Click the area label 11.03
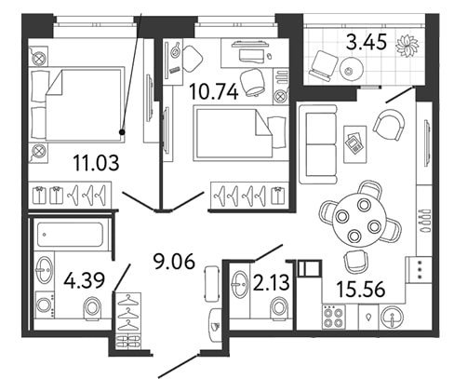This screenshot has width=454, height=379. [96, 163]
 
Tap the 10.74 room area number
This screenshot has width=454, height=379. [213, 92]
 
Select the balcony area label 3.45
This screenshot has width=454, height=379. [367, 42]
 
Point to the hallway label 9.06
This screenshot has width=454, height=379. [174, 262]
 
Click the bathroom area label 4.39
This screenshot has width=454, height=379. [85, 280]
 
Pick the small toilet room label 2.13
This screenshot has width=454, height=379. [272, 283]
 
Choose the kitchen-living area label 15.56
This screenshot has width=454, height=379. [361, 290]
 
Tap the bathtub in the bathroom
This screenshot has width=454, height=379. [70, 235]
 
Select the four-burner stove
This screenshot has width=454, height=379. [334, 318]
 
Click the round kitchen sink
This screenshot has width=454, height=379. [393, 318]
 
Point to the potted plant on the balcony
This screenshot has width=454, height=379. [407, 46]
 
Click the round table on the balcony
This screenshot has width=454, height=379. [352, 70]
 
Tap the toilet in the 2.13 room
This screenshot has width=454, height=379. [279, 308]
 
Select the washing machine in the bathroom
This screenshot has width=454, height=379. [45, 305]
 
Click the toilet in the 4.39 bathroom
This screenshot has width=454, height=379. [93, 308]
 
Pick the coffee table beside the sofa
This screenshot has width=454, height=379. [355, 144]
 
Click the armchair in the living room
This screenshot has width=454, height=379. [389, 124]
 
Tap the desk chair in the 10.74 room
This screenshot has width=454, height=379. [253, 83]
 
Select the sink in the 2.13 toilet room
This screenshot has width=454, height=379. [240, 284]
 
